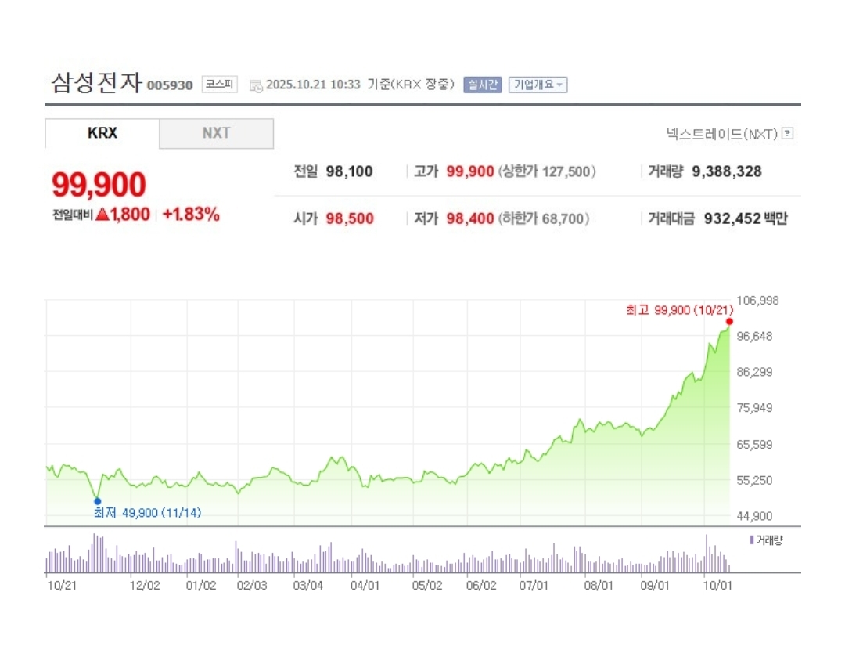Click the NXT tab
pos(216,133)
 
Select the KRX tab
pos(102,133)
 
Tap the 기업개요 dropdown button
pos(538,85)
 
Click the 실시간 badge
pos(482,85)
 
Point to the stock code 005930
pos(170,85)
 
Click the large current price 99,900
pos(99,185)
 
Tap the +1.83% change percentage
pos(191,215)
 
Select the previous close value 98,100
pos(349,171)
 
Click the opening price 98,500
pos(350,218)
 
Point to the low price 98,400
pos(469,218)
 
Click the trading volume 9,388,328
pos(727,171)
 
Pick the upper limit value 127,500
pos(571,171)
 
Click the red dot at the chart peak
pos(729,321)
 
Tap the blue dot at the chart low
pos(97,500)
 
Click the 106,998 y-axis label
pos(758,301)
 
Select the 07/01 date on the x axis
pos(534,585)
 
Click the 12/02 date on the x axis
pos(145,585)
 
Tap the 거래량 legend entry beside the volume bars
pos(767,540)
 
